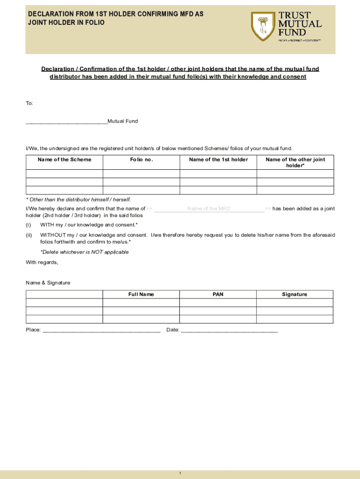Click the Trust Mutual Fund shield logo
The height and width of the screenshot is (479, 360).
[263, 27]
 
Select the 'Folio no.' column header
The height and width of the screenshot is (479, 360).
[141, 160]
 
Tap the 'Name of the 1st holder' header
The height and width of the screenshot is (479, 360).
[218, 160]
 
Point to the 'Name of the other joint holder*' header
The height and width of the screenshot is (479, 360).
[295, 162]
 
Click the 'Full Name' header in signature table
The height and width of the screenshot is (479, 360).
[141, 294]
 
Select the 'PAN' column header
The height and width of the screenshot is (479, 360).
[218, 294]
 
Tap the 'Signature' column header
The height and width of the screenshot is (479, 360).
[295, 294]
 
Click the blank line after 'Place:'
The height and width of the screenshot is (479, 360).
[101, 331]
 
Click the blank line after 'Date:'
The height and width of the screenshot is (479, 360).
[229, 331]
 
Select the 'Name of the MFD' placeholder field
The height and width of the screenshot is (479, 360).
[209, 209]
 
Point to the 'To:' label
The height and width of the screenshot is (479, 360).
[29, 103]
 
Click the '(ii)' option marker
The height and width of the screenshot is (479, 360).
[29, 235]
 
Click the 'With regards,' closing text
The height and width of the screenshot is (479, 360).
[42, 262]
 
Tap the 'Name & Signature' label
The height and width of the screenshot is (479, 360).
[48, 283]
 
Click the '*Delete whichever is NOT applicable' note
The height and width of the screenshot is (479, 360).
[84, 252]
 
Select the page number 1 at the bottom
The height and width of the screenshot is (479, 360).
[180, 474]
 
